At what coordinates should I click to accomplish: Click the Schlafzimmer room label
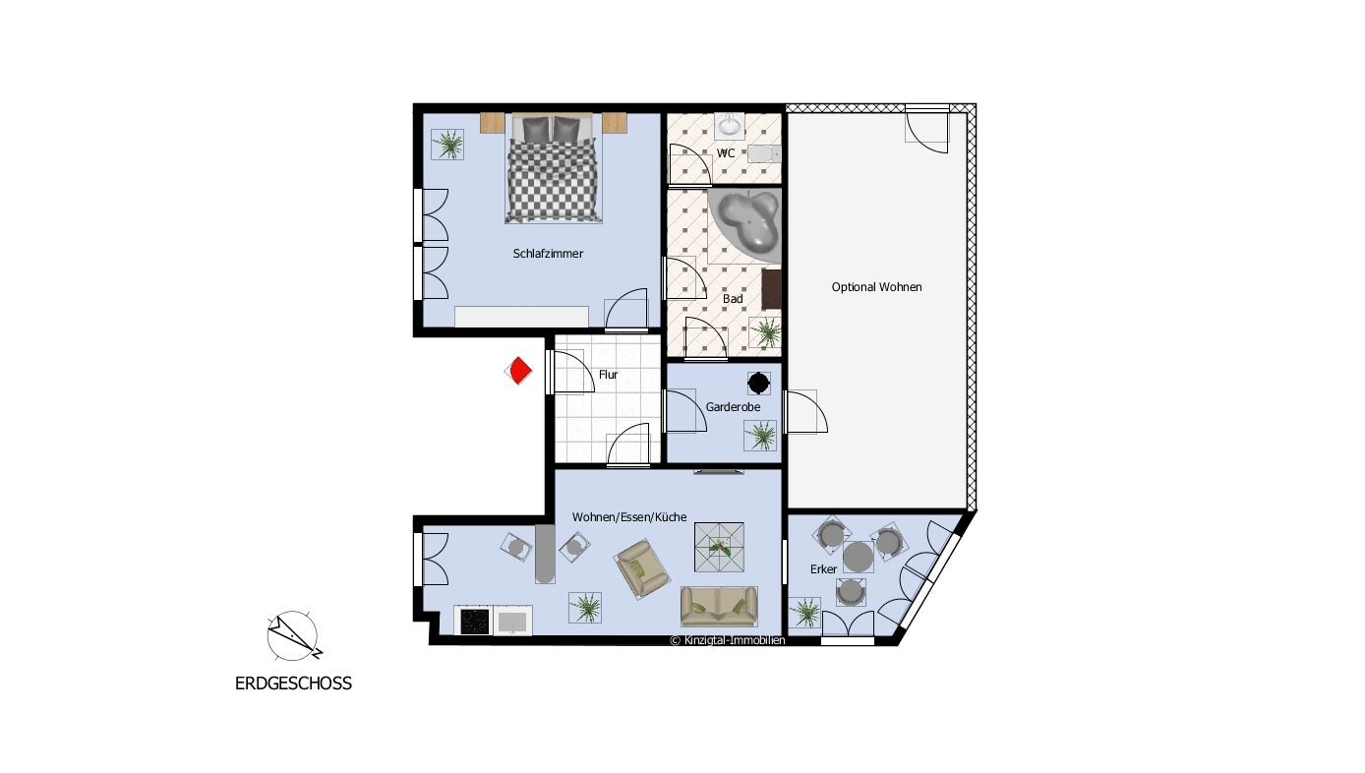point(548,254)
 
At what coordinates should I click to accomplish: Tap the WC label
point(725,153)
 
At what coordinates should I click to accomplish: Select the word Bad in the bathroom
point(733,299)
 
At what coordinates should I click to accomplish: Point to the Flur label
point(608,375)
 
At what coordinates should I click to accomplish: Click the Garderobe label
point(733,406)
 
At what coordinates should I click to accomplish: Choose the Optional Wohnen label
point(876,286)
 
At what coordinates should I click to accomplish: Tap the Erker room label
point(823,568)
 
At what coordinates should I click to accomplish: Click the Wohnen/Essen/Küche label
point(628,517)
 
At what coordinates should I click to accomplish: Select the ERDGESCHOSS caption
point(293,684)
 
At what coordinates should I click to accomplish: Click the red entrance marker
point(518,371)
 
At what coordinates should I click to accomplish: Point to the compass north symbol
point(293,636)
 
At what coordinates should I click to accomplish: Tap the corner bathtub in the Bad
point(745,223)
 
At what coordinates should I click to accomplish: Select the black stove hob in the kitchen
point(475,621)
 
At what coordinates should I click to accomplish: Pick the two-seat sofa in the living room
point(719,606)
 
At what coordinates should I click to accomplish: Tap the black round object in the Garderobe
point(758,384)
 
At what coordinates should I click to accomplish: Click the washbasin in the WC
point(729,126)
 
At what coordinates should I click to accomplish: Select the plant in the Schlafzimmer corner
point(447,145)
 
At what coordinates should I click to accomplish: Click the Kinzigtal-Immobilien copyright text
point(727,640)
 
